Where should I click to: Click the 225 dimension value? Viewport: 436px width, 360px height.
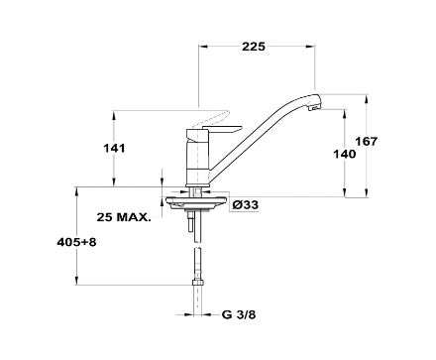coord(254,47)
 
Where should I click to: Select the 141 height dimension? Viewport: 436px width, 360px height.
coord(115,148)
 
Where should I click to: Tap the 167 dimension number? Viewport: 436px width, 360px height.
coord(366,142)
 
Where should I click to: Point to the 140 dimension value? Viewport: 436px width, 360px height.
coord(345,154)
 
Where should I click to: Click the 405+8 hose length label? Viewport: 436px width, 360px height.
coord(76,242)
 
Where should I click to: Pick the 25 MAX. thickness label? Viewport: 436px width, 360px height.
coord(124,217)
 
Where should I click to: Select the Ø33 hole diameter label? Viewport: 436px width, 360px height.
coord(246,205)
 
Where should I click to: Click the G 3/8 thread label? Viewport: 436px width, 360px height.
coord(239,314)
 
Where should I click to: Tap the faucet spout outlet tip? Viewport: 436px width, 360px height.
coord(315,107)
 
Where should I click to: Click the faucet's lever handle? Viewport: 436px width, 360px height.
coord(222,129)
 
